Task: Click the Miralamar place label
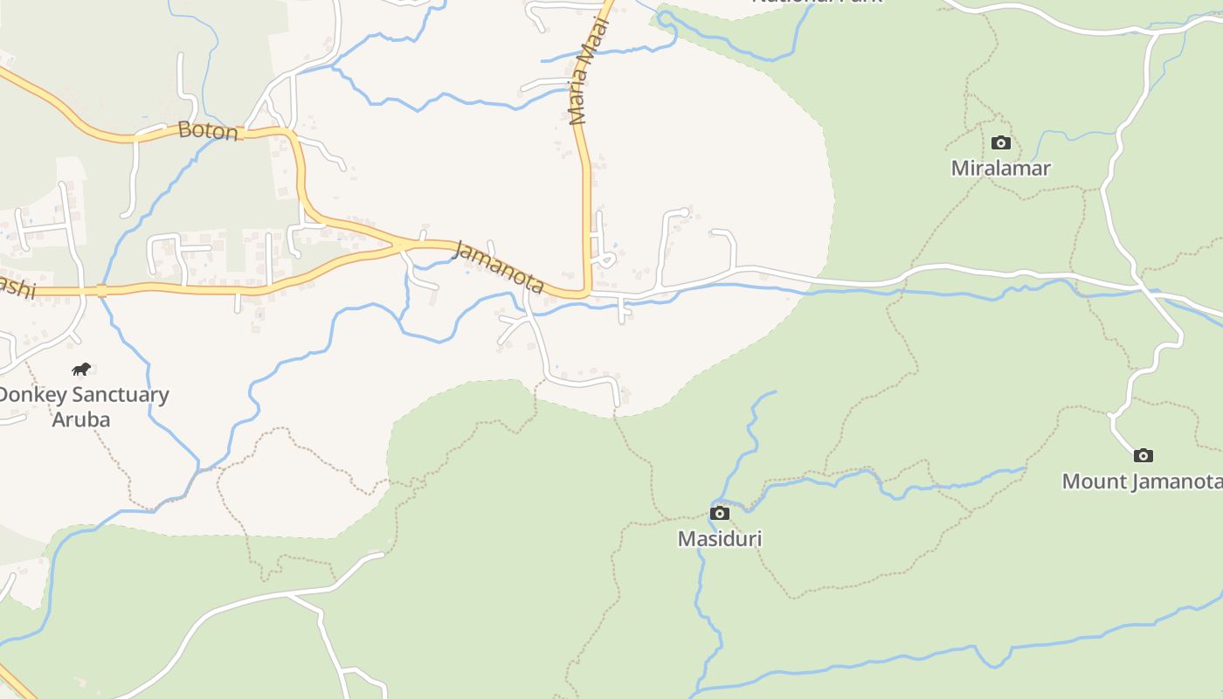pyautogui.click(x=1000, y=168)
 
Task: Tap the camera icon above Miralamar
pyautogui.click(x=1001, y=142)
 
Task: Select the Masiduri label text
pyautogui.click(x=720, y=538)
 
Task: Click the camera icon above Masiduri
pyautogui.click(x=720, y=513)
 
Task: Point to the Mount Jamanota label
pyautogui.click(x=1141, y=481)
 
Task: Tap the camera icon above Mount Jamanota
pyautogui.click(x=1143, y=455)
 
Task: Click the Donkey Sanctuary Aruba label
pyautogui.click(x=82, y=406)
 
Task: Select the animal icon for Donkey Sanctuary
pyautogui.click(x=81, y=369)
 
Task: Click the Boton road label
pyautogui.click(x=208, y=131)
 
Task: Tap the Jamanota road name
pyautogui.click(x=501, y=266)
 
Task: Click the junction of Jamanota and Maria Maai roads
pyautogui.click(x=588, y=294)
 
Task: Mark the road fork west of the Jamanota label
pyautogui.click(x=403, y=247)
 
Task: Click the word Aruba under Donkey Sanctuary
pyautogui.click(x=81, y=419)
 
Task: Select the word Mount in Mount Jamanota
pyautogui.click(x=1092, y=481)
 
